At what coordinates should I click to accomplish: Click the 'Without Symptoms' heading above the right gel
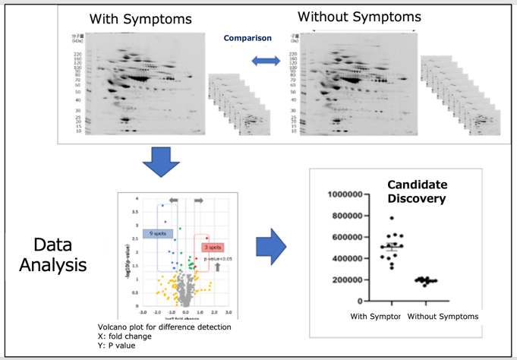click(359, 17)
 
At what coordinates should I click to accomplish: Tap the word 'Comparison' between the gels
click(247, 38)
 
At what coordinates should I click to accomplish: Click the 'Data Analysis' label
click(53, 255)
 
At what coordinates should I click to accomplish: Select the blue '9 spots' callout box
click(159, 233)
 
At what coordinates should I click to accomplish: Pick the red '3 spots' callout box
click(213, 247)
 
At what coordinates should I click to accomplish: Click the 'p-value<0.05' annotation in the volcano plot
click(216, 258)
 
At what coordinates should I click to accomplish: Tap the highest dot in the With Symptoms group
click(392, 219)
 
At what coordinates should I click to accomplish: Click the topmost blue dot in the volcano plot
click(162, 205)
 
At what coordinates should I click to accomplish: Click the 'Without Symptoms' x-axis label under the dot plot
click(443, 317)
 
